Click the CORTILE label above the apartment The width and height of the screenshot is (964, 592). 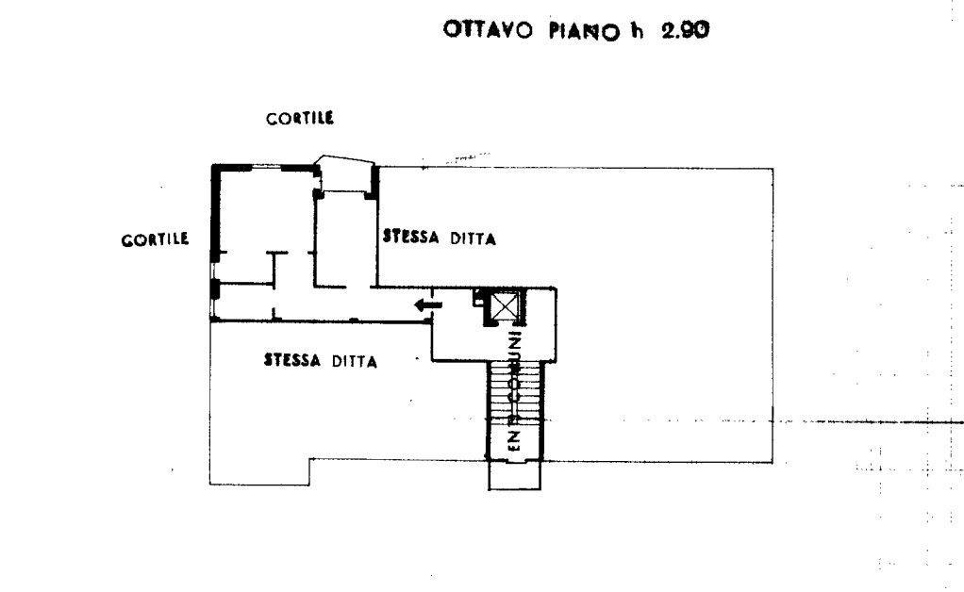[x=301, y=119]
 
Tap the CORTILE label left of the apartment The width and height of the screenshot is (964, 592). [x=155, y=239]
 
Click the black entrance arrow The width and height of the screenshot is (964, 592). [x=428, y=304]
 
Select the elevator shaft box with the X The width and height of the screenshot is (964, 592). [x=507, y=307]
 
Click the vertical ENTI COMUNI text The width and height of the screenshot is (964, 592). [x=516, y=391]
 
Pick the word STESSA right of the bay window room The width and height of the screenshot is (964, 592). [x=411, y=238]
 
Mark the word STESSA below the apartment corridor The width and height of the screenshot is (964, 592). [x=292, y=359]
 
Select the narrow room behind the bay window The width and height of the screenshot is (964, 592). [x=344, y=240]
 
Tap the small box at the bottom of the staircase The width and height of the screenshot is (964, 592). [x=515, y=476]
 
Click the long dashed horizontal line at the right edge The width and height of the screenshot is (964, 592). [x=868, y=420]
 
